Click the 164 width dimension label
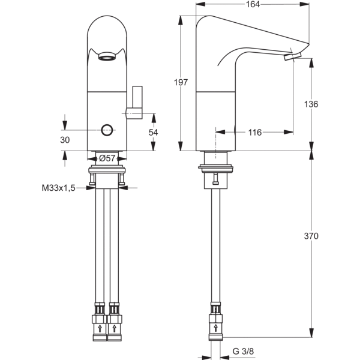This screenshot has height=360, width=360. point(254,5)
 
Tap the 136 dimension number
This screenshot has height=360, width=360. point(328,104)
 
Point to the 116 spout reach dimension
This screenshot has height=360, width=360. point(255,132)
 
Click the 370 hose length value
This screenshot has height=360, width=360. point(328,236)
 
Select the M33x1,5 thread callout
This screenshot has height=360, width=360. point(58,188)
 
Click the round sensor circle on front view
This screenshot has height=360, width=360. point(107,129)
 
